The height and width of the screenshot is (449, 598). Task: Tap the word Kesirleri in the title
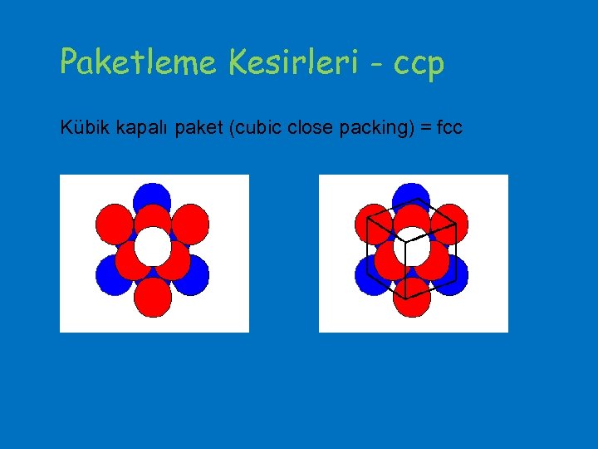(x=282, y=62)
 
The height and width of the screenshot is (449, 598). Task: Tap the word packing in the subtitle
(x=371, y=128)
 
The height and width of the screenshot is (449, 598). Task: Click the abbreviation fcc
(x=446, y=128)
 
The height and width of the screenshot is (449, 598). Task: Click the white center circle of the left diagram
(x=152, y=246)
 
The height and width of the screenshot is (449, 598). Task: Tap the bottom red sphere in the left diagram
(x=152, y=297)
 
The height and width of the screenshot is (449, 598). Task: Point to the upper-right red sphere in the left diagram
(x=190, y=223)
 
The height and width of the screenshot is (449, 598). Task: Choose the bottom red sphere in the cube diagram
(x=412, y=298)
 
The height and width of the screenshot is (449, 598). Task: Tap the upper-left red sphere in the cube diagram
(x=374, y=223)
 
